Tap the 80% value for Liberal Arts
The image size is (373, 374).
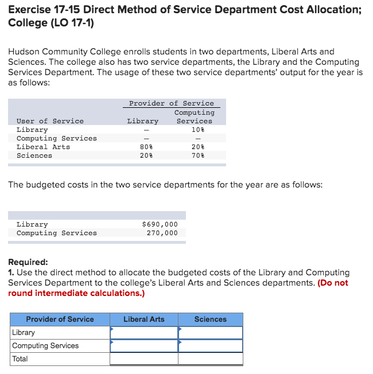point(146,147)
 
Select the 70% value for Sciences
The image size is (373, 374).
point(198,155)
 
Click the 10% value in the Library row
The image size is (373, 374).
point(198,130)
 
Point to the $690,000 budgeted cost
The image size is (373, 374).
point(160,224)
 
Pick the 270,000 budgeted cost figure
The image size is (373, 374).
point(162,233)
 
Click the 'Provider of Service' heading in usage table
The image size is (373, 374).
point(171,103)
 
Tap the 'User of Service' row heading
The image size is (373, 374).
point(50,121)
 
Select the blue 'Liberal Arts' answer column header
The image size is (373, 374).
point(143,320)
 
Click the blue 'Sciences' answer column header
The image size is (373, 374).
point(211,320)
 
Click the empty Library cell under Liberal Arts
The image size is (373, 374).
point(144,333)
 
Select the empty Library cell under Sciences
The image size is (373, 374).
point(211,333)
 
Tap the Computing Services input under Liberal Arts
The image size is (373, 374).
point(144,346)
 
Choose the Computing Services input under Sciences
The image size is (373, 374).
point(211,346)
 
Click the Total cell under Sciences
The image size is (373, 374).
point(211,359)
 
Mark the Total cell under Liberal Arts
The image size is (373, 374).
point(144,359)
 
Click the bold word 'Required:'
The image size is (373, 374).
point(28,262)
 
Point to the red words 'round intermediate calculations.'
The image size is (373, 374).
point(76,293)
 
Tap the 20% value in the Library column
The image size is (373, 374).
point(146,155)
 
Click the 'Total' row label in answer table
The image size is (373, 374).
point(20,359)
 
